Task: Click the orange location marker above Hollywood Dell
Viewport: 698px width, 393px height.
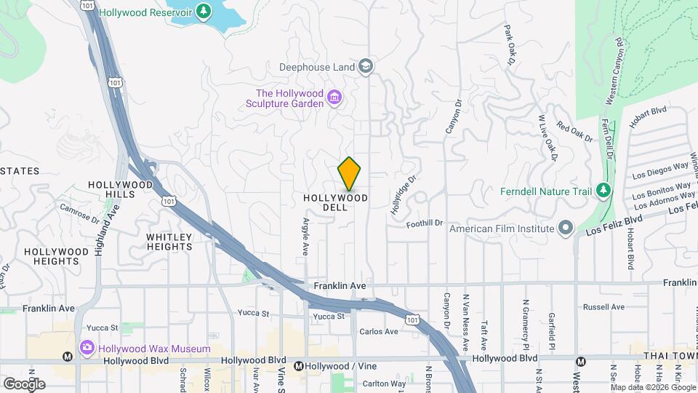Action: click(x=349, y=173)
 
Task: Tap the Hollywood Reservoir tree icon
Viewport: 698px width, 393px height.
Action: click(x=205, y=12)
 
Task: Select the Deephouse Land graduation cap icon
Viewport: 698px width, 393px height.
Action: click(x=366, y=67)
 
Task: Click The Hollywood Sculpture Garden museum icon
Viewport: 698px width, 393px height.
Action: click(x=334, y=98)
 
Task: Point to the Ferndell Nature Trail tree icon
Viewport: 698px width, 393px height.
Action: click(x=602, y=191)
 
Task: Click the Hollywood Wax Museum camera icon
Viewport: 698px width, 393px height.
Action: click(x=87, y=348)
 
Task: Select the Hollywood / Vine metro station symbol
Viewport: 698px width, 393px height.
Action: click(x=299, y=365)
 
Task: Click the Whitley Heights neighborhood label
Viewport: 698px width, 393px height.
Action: click(x=169, y=242)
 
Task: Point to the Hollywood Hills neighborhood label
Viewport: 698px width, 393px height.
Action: click(x=121, y=189)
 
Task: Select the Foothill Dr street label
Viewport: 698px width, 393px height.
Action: click(x=425, y=223)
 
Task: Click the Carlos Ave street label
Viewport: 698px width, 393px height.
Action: click(x=379, y=332)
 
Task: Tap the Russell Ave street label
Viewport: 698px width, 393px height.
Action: click(x=603, y=307)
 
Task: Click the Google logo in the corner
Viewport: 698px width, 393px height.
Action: click(x=24, y=384)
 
